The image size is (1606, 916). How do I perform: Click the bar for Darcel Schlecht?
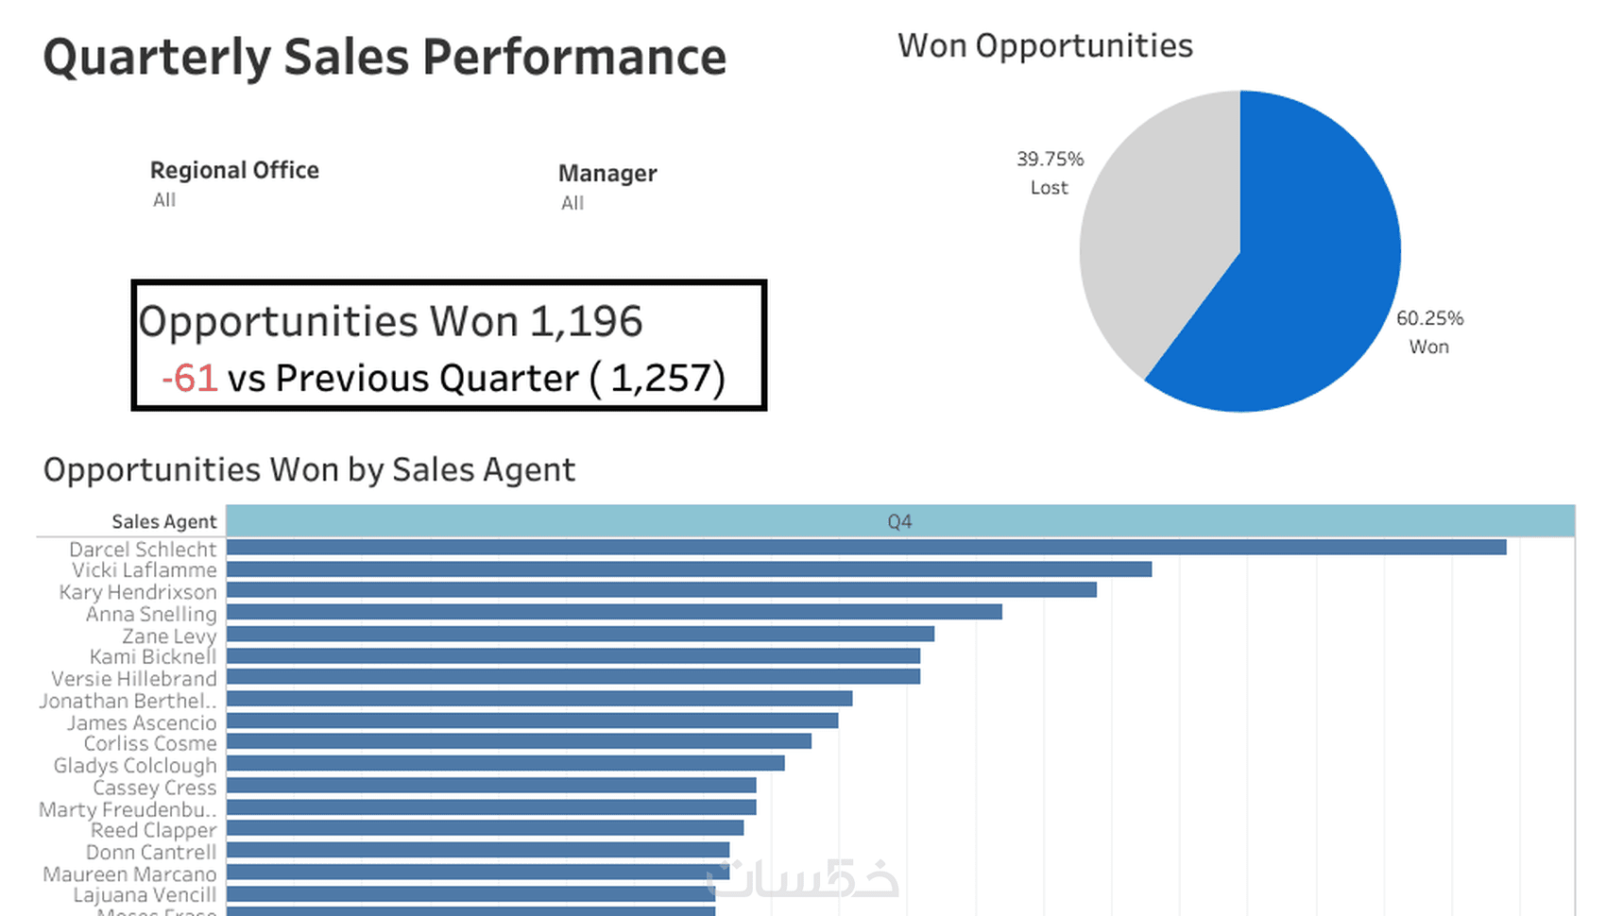pos(865,548)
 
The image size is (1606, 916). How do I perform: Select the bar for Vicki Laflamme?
pos(689,569)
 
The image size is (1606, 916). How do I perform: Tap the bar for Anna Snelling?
pos(614,612)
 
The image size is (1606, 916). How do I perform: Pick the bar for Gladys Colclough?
pos(505,763)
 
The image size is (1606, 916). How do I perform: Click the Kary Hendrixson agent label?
pos(138,592)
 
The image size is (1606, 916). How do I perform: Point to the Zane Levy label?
pos(169,636)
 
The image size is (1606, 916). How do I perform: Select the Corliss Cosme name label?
pos(150,744)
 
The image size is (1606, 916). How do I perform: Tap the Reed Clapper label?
pos(153,830)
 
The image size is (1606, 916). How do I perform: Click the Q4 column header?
pos(899,521)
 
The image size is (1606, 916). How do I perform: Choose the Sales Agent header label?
pos(163,521)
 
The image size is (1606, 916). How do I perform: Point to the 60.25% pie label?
pos(1429,318)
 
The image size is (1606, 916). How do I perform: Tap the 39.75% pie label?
pos(1050,159)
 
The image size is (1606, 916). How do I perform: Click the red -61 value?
pos(190,379)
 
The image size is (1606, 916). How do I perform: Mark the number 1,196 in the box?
pos(586,322)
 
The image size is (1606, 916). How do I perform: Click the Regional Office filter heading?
pos(234,170)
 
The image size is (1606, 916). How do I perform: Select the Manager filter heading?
pos(607,173)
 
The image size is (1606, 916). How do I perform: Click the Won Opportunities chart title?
pos(1045,45)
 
